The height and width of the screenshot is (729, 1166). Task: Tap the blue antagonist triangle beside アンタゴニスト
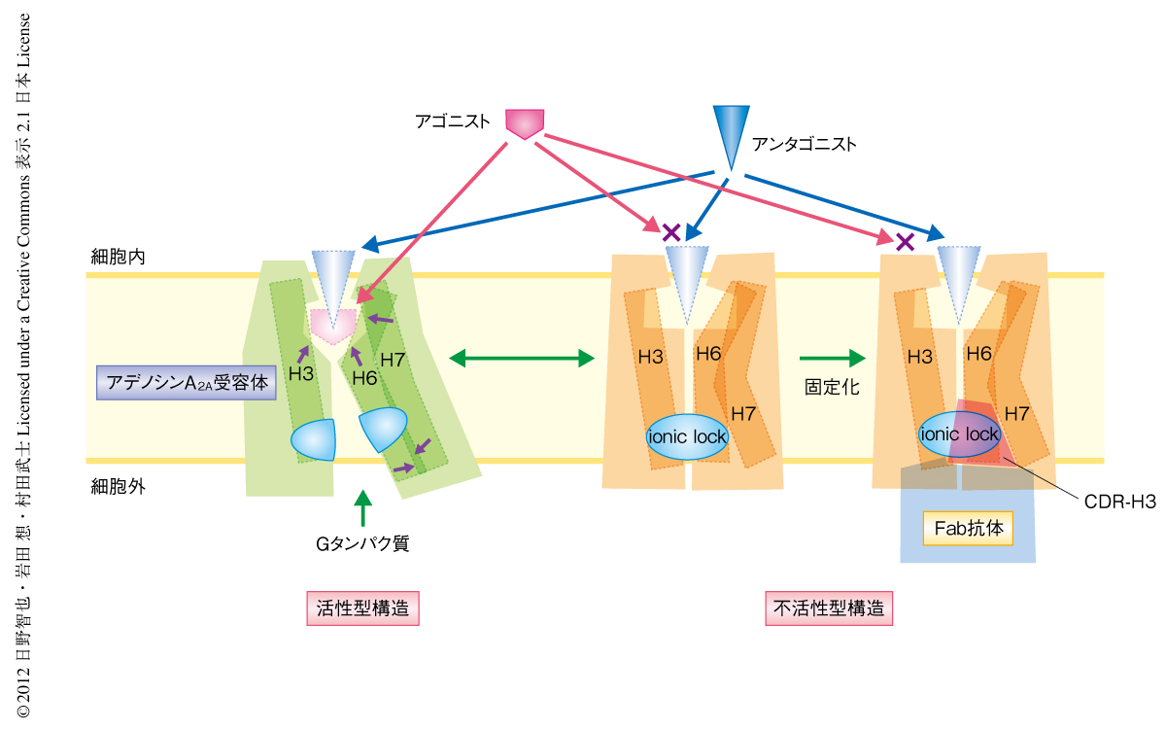coord(728,134)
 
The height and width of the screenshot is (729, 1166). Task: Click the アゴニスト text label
coord(452,123)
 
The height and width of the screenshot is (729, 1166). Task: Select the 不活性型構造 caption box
coord(830,609)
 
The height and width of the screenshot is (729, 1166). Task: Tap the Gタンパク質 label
coord(362,543)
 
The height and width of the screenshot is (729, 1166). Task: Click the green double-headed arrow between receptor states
coord(522,359)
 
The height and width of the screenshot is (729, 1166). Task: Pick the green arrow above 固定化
coord(831,359)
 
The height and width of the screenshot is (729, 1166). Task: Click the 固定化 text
coord(831,387)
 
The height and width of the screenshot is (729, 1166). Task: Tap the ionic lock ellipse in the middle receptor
coord(687,436)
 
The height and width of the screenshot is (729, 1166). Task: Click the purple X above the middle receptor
coord(670,232)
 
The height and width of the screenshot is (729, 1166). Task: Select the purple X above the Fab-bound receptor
coord(905,240)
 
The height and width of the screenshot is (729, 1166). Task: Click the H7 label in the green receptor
coord(393,360)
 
